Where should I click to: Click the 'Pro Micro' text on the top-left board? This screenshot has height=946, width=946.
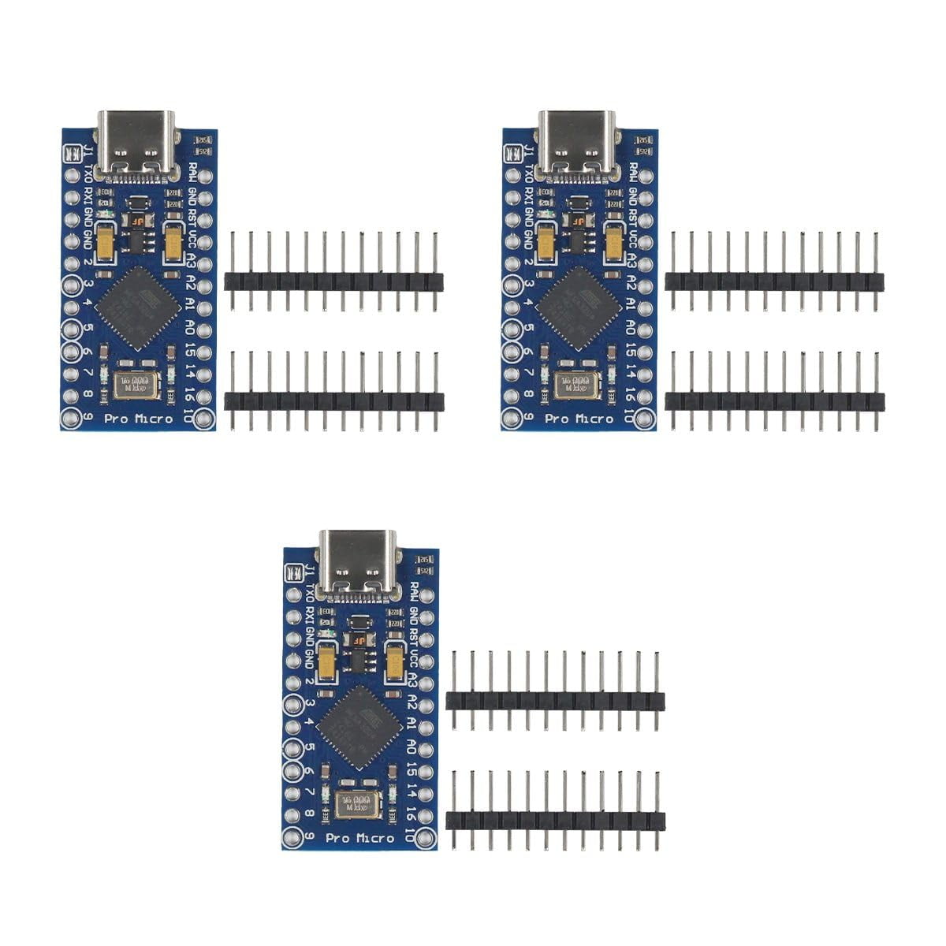(139, 419)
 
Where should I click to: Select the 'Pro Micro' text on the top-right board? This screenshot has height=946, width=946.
(579, 419)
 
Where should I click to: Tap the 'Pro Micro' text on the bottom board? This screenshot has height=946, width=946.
(359, 838)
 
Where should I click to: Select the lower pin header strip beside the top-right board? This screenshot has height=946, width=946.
(774, 400)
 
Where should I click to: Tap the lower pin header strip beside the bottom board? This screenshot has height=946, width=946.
(554, 820)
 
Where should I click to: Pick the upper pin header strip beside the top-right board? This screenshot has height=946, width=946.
(774, 281)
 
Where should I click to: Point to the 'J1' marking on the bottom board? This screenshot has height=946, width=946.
(308, 572)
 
